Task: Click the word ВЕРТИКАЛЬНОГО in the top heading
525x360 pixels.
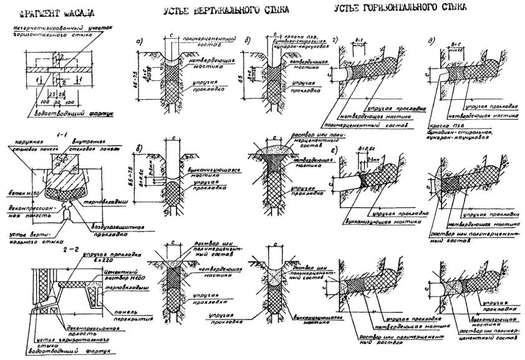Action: click(220, 11)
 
